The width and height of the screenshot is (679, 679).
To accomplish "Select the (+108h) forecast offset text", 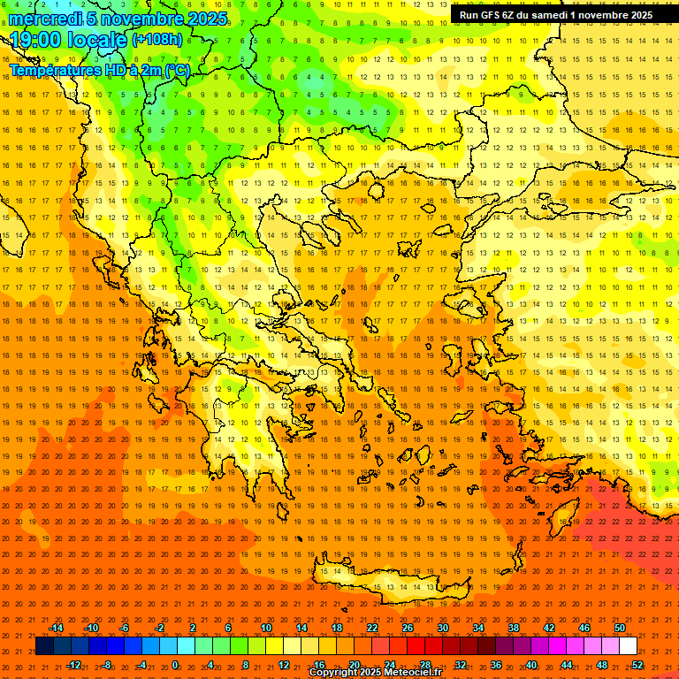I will (x=157, y=40).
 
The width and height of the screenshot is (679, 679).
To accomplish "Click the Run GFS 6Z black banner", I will (x=556, y=14).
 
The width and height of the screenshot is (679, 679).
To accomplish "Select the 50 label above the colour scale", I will (x=620, y=628).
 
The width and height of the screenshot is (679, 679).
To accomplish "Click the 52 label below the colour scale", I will (x=637, y=665).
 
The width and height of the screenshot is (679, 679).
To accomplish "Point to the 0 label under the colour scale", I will (x=175, y=665).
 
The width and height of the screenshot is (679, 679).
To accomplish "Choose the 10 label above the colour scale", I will (x=265, y=628).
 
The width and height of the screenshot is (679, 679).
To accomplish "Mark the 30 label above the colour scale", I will (x=442, y=628).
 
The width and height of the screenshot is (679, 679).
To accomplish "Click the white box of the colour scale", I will (x=629, y=646).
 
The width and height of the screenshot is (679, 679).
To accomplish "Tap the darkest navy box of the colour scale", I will (x=44, y=646).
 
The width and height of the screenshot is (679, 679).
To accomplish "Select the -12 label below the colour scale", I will (x=74, y=665).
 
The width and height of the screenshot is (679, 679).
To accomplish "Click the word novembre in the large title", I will (x=145, y=19).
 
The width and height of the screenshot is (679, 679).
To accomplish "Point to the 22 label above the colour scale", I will (x=372, y=628).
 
